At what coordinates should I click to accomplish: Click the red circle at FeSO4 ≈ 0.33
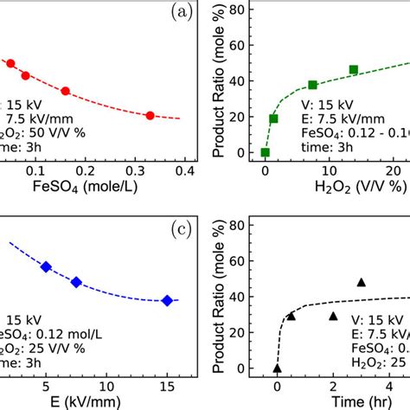pos(150,115)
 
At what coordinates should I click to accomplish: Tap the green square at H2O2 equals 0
pos(265,152)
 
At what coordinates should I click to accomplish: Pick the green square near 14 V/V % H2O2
pos(353,69)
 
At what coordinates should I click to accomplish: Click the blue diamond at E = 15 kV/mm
pos(167,300)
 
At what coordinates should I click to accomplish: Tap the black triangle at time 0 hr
pos(277,368)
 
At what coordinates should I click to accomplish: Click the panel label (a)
pos(183,12)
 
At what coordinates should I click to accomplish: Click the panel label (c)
pos(183,228)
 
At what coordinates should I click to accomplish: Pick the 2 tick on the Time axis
pos(333,385)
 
